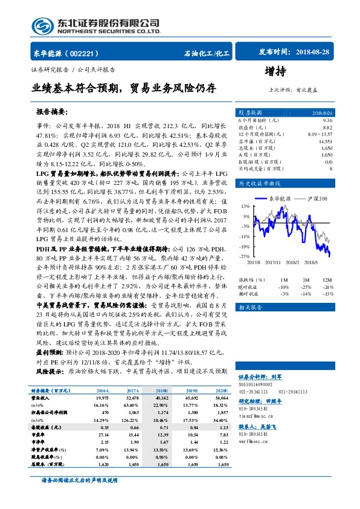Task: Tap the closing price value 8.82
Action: click(327, 127)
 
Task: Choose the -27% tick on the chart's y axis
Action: click(243, 257)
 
